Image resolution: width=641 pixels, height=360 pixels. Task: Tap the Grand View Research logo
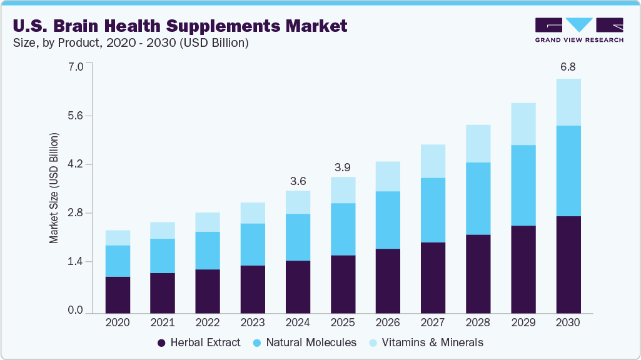578,30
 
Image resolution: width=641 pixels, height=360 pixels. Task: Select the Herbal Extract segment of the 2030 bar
568,264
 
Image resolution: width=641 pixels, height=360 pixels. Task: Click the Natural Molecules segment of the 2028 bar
478,198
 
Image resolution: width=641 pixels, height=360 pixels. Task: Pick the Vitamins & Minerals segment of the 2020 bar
118,237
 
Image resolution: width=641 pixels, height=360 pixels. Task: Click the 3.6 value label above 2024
298,181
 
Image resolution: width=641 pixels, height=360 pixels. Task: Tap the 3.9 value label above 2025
343,167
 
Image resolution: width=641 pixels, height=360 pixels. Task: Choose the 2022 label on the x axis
208,322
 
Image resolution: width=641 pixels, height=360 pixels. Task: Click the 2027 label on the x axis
433,322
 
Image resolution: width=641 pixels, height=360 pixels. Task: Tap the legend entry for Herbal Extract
198,342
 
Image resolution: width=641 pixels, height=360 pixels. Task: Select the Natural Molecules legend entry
305,342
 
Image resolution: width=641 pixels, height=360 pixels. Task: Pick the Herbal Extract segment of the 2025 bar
343,284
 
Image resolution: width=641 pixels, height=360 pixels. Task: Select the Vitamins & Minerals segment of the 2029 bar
523,124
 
